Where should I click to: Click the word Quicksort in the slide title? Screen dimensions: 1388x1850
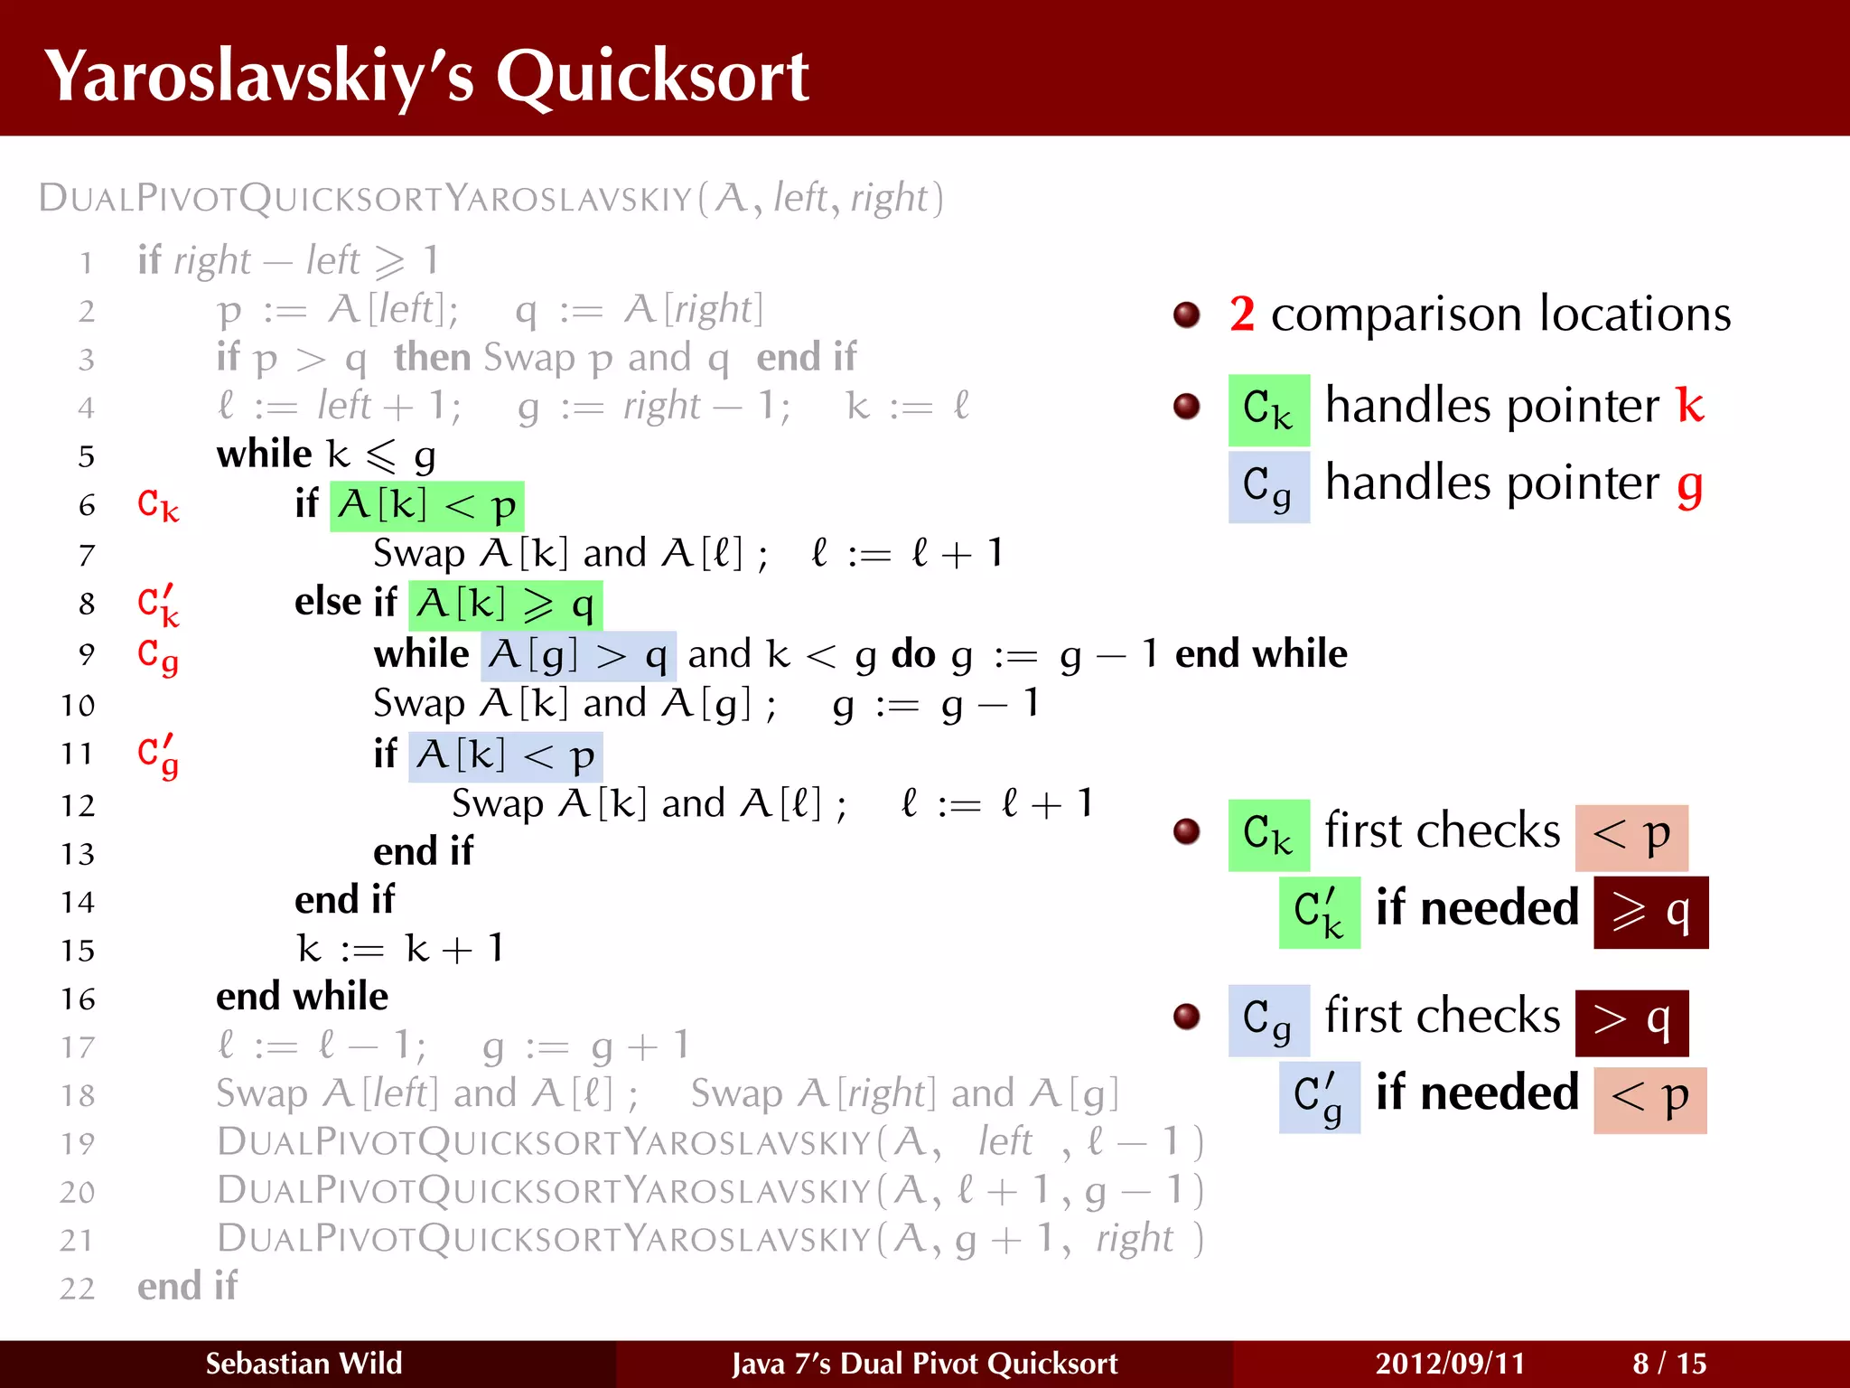(652, 77)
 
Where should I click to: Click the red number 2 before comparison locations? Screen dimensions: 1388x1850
(1242, 314)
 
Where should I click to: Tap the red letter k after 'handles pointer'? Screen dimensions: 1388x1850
(1689, 405)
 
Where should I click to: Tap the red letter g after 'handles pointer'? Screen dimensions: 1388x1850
(1689, 486)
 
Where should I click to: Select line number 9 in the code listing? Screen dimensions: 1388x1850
(87, 654)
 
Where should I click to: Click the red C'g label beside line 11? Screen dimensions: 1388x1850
(158, 755)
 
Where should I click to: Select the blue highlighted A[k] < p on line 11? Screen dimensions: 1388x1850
(505, 755)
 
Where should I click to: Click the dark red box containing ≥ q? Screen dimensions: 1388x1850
(1650, 912)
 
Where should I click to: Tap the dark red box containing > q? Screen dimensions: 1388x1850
(1631, 1023)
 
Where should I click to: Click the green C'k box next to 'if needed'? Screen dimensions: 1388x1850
(1319, 912)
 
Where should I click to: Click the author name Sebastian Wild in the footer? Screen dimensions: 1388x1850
(304, 1364)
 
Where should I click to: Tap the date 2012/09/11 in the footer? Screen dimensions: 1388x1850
(1450, 1364)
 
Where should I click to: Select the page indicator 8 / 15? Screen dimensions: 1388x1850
(1669, 1364)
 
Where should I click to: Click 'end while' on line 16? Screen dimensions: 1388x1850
(302, 997)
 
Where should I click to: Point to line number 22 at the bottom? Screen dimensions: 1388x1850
(78, 1289)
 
